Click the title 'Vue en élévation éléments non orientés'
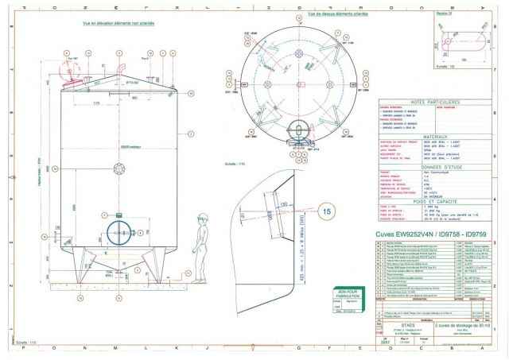(x=118, y=23)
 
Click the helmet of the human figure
(x=203, y=217)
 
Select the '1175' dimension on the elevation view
(x=95, y=102)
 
